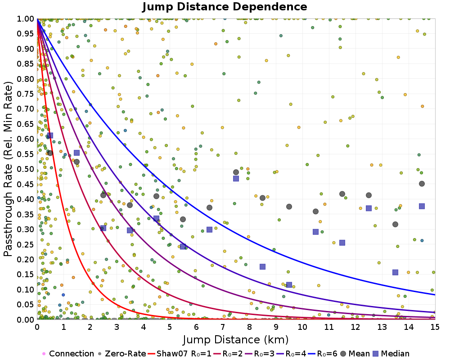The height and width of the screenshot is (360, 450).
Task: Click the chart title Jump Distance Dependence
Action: click(225, 7)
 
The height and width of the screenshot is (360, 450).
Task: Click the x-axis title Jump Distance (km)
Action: click(236, 339)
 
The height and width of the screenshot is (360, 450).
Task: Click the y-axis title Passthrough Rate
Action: click(9, 169)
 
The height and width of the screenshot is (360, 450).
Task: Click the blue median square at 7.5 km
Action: click(236, 179)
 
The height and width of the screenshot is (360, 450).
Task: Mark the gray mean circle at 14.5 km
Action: click(422, 184)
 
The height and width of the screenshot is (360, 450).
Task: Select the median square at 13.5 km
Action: click(395, 272)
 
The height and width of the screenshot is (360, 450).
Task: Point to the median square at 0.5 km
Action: click(50, 135)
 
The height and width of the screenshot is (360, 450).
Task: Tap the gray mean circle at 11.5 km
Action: click(342, 194)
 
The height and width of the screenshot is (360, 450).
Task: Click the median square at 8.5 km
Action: click(262, 267)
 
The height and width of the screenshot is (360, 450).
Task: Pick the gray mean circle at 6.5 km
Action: click(209, 207)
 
